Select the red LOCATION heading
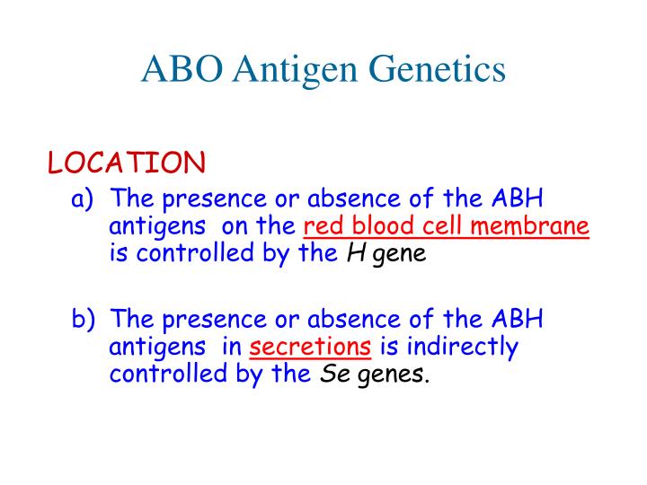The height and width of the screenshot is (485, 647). (127, 163)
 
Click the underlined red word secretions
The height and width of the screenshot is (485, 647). (310, 347)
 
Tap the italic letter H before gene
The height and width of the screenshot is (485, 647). (355, 253)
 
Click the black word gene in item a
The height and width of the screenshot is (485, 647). (399, 254)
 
